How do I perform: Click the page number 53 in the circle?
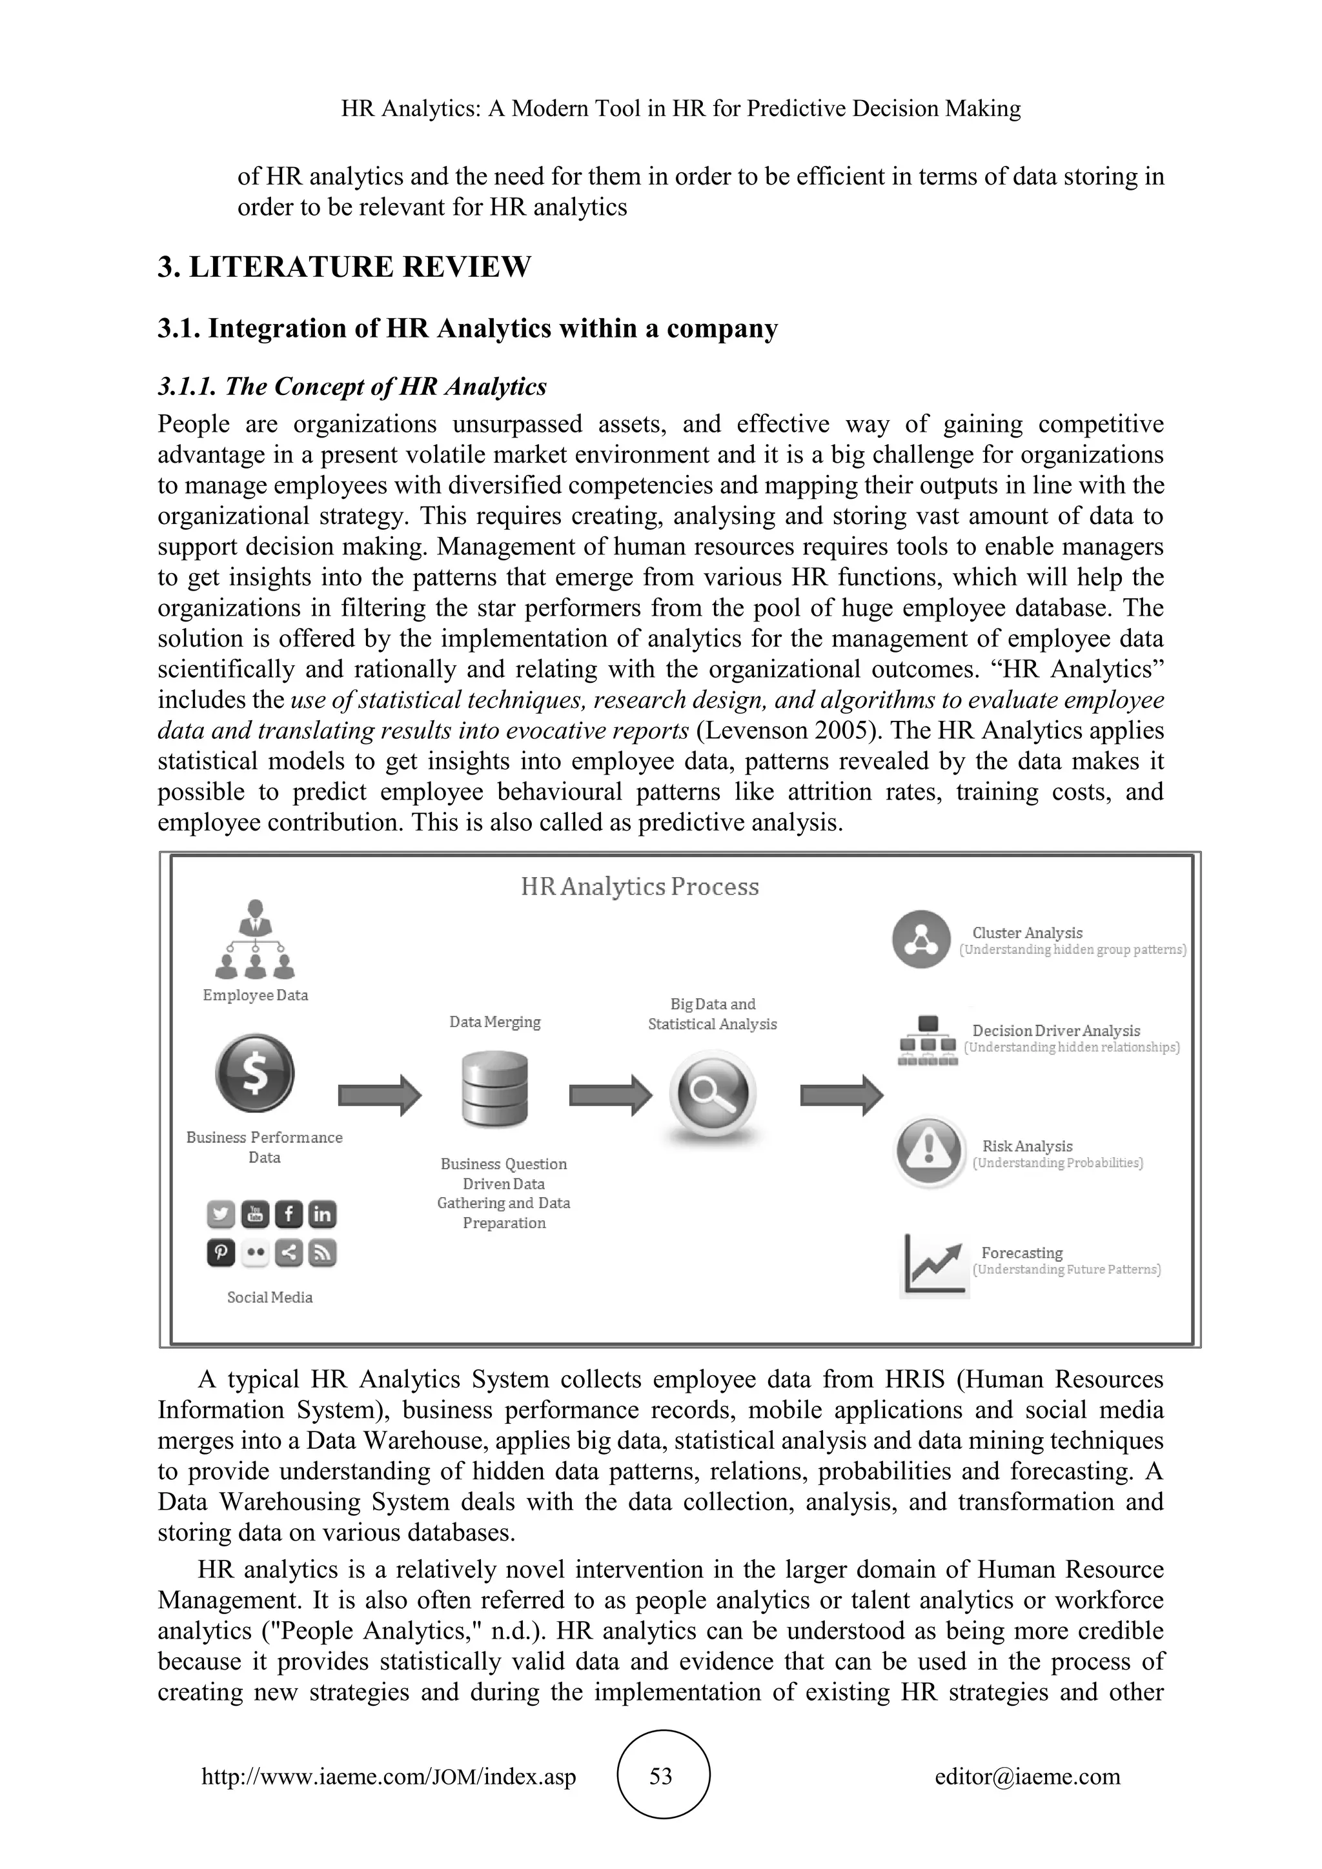coord(660,1775)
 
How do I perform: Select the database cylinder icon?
coord(495,1088)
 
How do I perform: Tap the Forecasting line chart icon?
coord(933,1264)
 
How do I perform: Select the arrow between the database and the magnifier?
coord(610,1095)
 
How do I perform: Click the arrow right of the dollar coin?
coord(380,1095)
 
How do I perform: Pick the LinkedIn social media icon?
coord(322,1215)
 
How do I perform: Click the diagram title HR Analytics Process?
coord(639,887)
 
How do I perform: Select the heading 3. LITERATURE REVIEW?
coord(344,267)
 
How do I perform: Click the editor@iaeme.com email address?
coord(1027,1776)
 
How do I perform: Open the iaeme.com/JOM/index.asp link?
coord(389,1776)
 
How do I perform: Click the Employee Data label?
coord(255,995)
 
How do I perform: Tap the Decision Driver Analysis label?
coord(1056,1031)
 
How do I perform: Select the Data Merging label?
coord(495,1022)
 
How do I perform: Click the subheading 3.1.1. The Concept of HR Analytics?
coord(352,386)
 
